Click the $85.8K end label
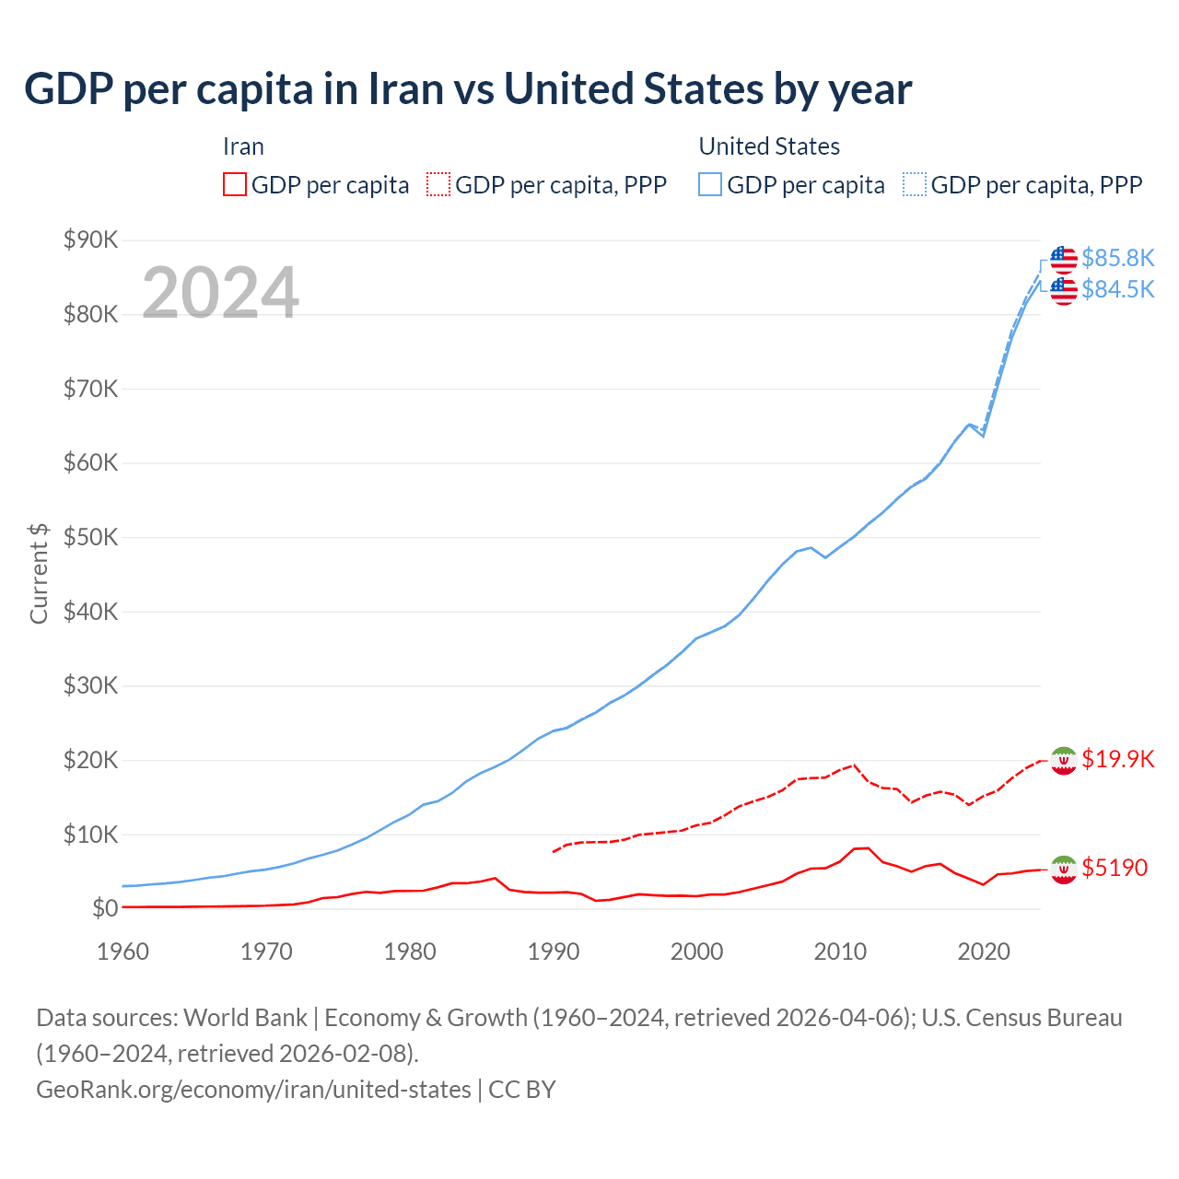[1117, 258]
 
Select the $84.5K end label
[1117, 289]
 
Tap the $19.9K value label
[1117, 759]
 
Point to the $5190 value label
[1115, 868]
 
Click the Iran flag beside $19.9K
[1064, 760]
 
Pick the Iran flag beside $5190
[1064, 870]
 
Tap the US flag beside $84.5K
[1064, 290]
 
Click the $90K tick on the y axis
[91, 240]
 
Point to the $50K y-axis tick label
[91, 538]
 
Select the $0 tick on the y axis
[105, 909]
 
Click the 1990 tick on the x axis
[553, 951]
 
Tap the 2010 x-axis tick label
[840, 951]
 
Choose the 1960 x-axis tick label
[123, 951]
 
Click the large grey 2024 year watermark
[220, 293]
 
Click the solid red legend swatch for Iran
[235, 184]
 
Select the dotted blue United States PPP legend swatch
[915, 184]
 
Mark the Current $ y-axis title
[39, 573]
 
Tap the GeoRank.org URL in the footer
[253, 1090]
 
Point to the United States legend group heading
[769, 146]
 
